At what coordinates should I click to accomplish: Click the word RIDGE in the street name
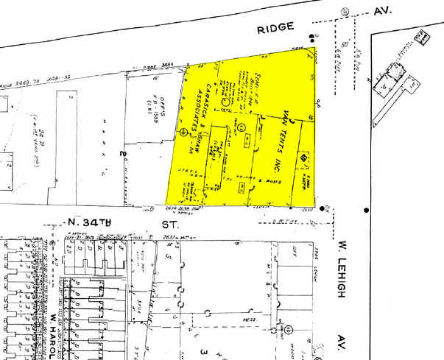[x=277, y=27]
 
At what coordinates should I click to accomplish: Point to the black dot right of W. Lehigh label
[x=366, y=210]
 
